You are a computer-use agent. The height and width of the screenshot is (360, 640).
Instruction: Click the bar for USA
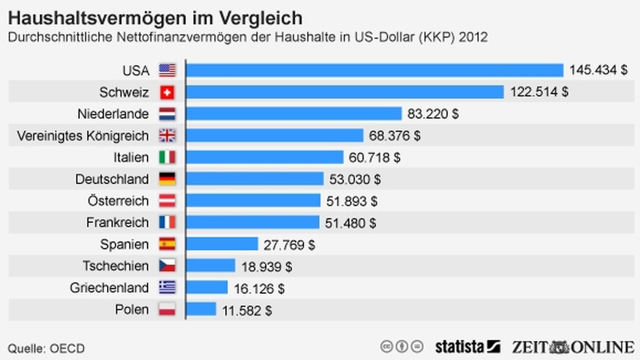click(374, 70)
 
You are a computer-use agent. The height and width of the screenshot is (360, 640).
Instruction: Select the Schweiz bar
click(345, 92)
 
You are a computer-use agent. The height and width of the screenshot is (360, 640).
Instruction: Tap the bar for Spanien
click(222, 244)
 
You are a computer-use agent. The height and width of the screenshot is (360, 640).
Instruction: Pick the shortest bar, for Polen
click(201, 309)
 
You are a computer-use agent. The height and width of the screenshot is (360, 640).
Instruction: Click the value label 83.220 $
click(433, 114)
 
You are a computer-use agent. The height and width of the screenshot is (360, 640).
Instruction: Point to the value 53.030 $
click(354, 179)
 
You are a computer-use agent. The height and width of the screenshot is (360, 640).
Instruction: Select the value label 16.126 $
click(259, 288)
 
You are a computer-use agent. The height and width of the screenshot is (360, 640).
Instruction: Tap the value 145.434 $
click(598, 70)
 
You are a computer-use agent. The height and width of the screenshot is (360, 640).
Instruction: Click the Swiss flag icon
click(167, 92)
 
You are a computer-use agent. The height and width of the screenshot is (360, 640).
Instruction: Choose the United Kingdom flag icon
click(167, 135)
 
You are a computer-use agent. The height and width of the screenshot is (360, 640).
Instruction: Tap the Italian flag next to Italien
click(167, 157)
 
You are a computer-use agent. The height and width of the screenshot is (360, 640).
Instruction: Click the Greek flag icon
click(167, 288)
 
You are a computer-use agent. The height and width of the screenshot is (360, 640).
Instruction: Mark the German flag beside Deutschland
click(167, 179)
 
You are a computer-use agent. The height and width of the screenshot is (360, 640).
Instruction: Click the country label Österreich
click(118, 201)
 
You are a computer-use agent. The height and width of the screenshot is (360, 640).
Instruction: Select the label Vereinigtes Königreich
click(83, 135)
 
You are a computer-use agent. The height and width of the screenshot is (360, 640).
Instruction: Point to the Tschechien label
click(115, 266)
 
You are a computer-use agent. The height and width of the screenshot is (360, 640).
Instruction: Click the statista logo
click(467, 347)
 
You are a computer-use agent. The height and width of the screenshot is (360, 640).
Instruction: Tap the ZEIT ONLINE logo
click(573, 347)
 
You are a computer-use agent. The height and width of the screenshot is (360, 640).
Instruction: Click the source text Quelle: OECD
click(46, 349)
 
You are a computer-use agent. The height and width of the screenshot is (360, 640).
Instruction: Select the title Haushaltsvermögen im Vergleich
click(155, 18)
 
